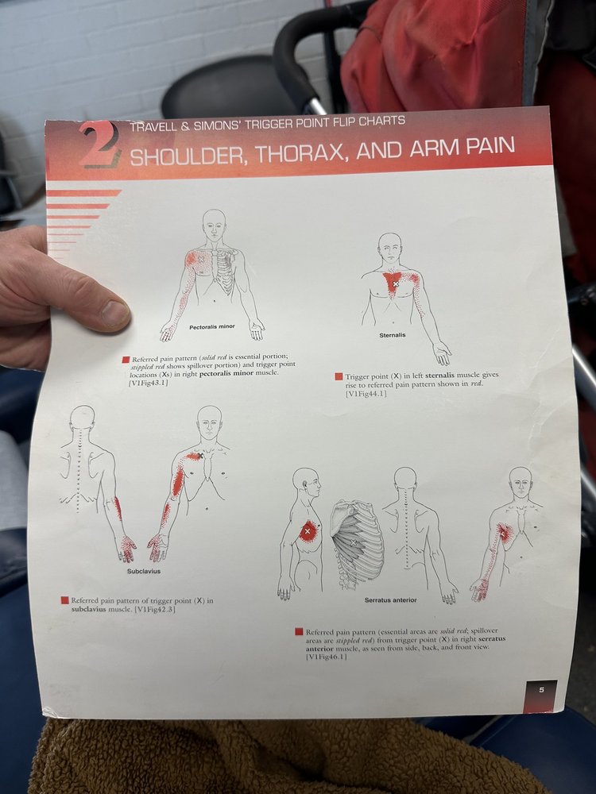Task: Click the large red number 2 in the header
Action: point(100,145)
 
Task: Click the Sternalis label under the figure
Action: point(392,335)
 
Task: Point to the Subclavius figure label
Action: point(144,570)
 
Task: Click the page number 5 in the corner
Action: point(540,689)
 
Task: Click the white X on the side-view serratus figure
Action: point(307,530)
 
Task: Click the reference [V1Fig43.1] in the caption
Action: point(149,384)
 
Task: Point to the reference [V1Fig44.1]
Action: point(366,394)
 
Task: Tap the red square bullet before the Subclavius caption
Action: point(65,600)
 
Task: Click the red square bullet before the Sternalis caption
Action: point(339,376)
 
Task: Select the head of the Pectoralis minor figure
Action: point(213,224)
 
